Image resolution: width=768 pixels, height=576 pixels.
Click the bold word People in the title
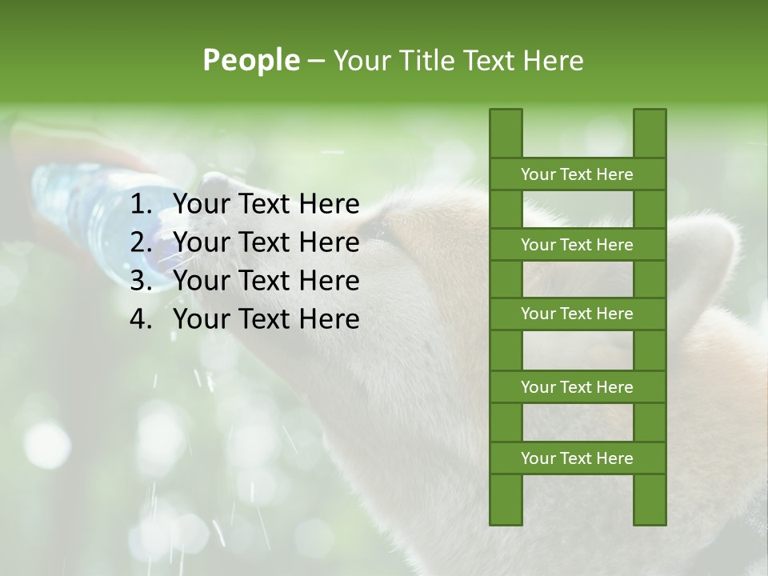pos(250,60)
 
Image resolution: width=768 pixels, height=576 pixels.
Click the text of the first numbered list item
pos(266,205)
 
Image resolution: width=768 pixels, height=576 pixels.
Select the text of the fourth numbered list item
pos(266,319)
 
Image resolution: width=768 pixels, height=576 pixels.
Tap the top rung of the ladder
pos(577,174)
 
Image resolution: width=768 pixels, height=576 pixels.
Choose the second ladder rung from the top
pos(577,245)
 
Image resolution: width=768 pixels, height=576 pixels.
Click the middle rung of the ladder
pos(577,314)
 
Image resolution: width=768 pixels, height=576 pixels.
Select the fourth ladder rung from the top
pos(577,387)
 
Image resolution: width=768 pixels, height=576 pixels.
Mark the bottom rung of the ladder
pos(577,458)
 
